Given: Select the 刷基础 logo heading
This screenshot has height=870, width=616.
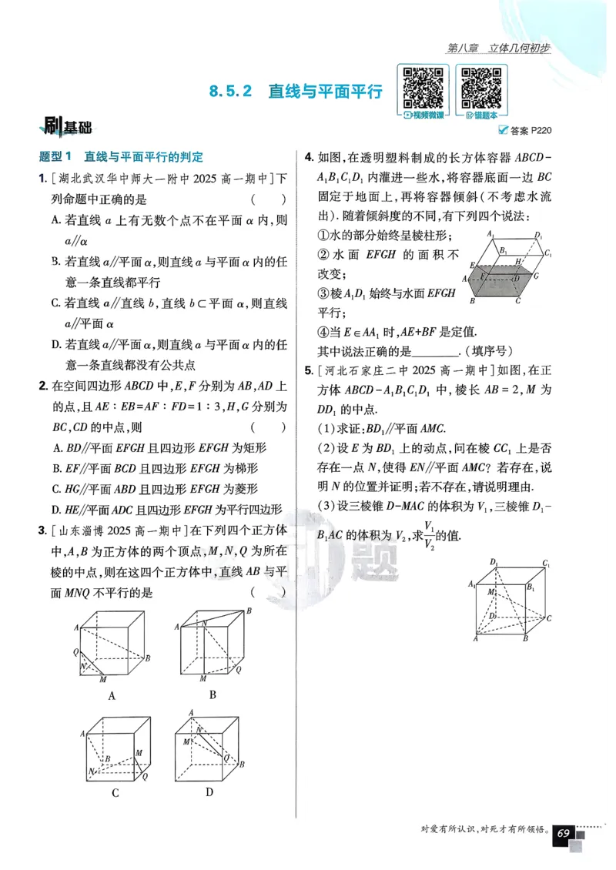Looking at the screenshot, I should [69, 127].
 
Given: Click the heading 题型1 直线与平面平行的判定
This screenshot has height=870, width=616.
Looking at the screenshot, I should [121, 157].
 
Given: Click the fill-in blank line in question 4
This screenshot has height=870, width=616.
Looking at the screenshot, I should [436, 351].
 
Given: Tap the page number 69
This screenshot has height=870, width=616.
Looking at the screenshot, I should [563, 834].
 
